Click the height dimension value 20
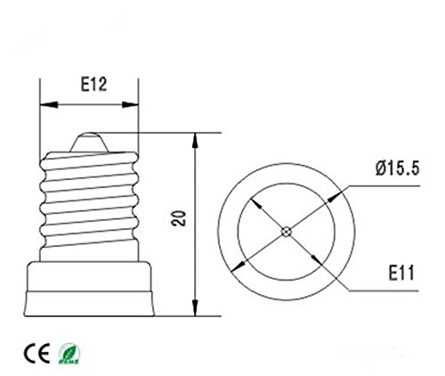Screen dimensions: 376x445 [x=182, y=219]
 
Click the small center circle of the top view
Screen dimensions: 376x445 [x=284, y=233]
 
